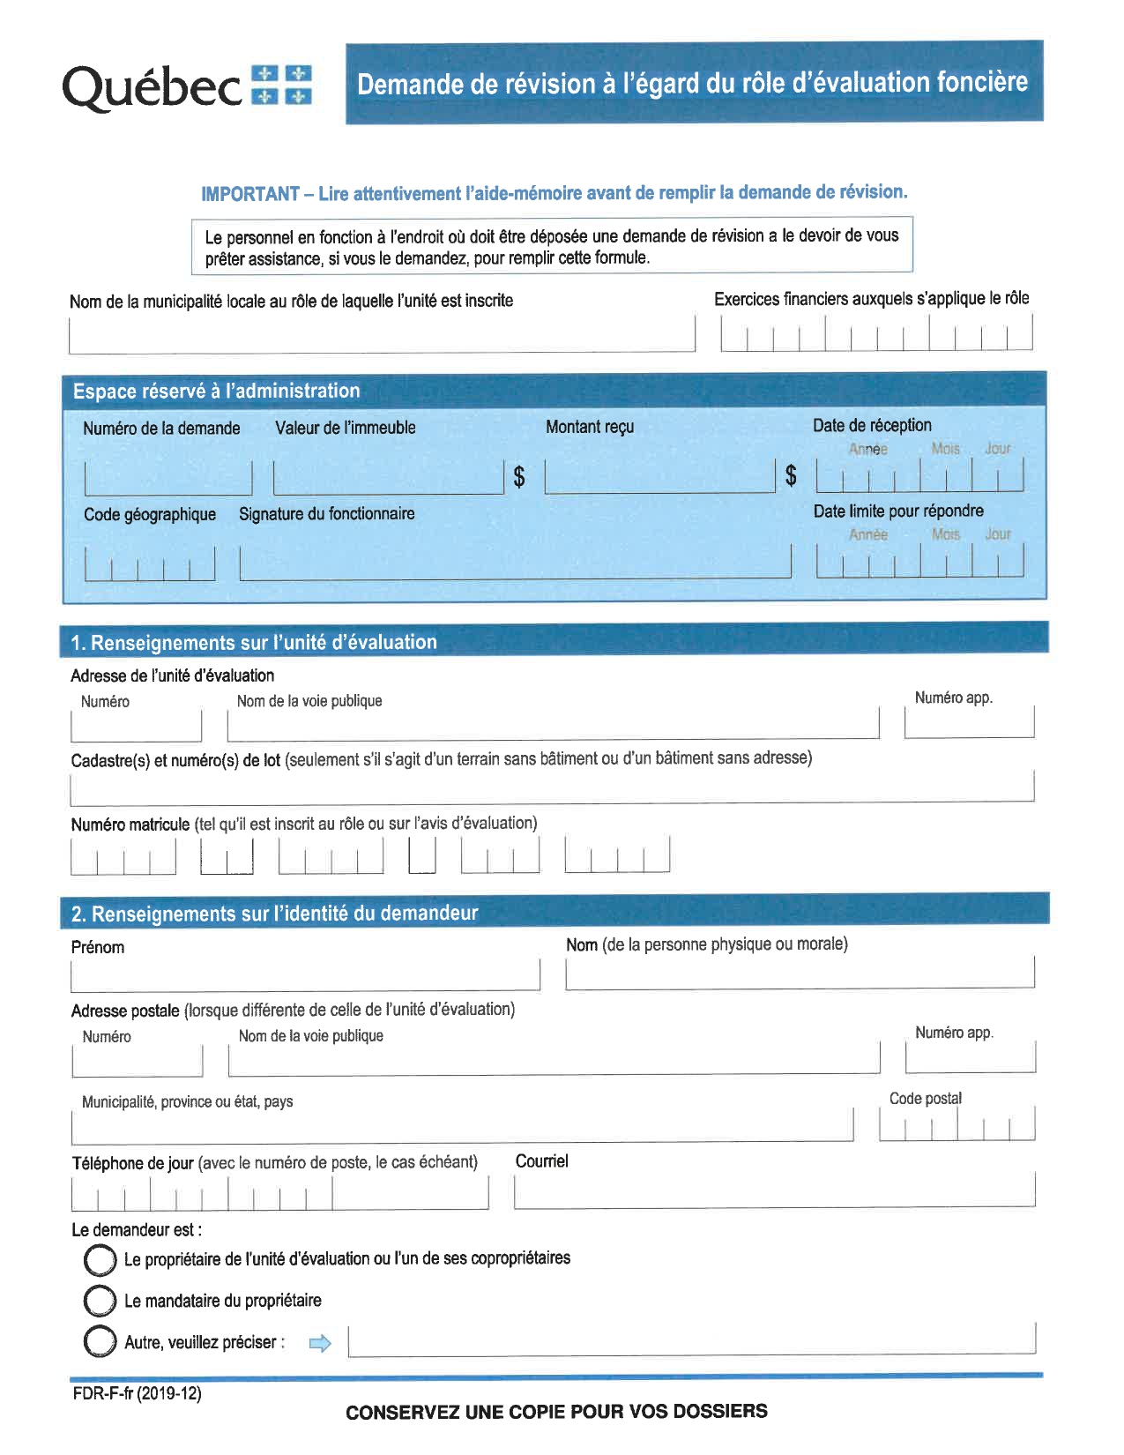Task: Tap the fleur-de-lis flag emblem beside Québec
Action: tap(281, 85)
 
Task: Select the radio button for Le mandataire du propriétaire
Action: tap(100, 1301)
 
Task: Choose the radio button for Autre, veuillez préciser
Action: tap(100, 1342)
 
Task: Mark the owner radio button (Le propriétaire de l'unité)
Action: tap(100, 1260)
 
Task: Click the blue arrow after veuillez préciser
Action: tap(320, 1344)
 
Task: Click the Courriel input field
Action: tap(774, 1191)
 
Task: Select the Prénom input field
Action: tap(305, 974)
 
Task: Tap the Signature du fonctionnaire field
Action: tap(515, 563)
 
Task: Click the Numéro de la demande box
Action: tap(167, 478)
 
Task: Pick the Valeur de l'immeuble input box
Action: tap(388, 477)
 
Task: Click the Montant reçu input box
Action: tap(659, 477)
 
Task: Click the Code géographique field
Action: tap(150, 564)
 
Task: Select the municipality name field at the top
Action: tap(382, 336)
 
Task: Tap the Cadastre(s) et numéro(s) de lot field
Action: tap(551, 787)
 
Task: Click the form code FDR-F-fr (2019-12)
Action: tap(137, 1394)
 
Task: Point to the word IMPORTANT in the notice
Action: tap(250, 194)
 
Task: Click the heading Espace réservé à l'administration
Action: tap(216, 392)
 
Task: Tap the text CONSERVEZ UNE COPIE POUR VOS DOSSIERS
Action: tap(556, 1412)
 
